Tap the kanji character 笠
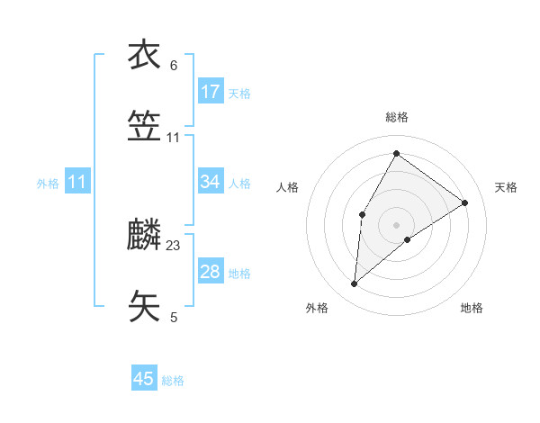point(144,127)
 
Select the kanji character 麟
point(144,234)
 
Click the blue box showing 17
point(211,92)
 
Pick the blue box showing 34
point(211,183)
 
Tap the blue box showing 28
point(211,272)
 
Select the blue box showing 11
point(77,183)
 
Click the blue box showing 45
point(144,379)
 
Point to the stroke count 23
point(174,245)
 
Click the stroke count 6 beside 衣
point(174,65)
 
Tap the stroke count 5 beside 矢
point(174,317)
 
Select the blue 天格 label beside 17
point(239,93)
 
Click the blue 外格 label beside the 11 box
point(48,184)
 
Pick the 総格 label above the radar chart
point(396,117)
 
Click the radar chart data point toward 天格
point(464,202)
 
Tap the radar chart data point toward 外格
point(355,283)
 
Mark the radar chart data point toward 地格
point(408,238)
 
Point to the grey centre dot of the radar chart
point(396,223)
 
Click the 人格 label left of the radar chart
point(288,187)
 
